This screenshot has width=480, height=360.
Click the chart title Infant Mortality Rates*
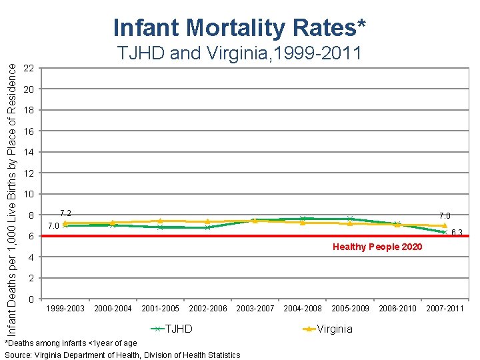point(239,28)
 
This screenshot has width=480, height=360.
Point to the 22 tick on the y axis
point(28,69)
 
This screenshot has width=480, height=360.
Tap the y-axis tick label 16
point(28,131)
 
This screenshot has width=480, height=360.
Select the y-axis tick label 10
point(28,194)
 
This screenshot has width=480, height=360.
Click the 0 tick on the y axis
point(31,299)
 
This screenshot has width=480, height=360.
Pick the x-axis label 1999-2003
point(65,308)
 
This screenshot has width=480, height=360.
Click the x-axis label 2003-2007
point(255,308)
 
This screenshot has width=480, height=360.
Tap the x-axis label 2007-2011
point(444,308)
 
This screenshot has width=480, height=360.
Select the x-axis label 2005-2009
point(350,308)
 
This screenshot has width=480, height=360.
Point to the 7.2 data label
point(65,213)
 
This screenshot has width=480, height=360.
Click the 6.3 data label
point(457,233)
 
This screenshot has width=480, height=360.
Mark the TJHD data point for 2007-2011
point(444,232)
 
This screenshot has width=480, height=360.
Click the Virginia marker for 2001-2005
point(160,221)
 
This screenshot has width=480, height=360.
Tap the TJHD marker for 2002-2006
point(207,227)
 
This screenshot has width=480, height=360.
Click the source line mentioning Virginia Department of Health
point(123,355)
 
